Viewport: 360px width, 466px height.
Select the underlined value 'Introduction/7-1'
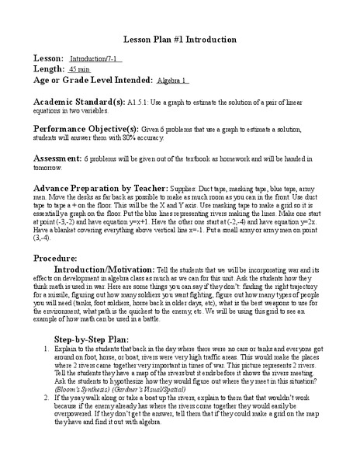point(96,59)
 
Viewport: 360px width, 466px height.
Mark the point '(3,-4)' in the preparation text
point(44,240)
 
